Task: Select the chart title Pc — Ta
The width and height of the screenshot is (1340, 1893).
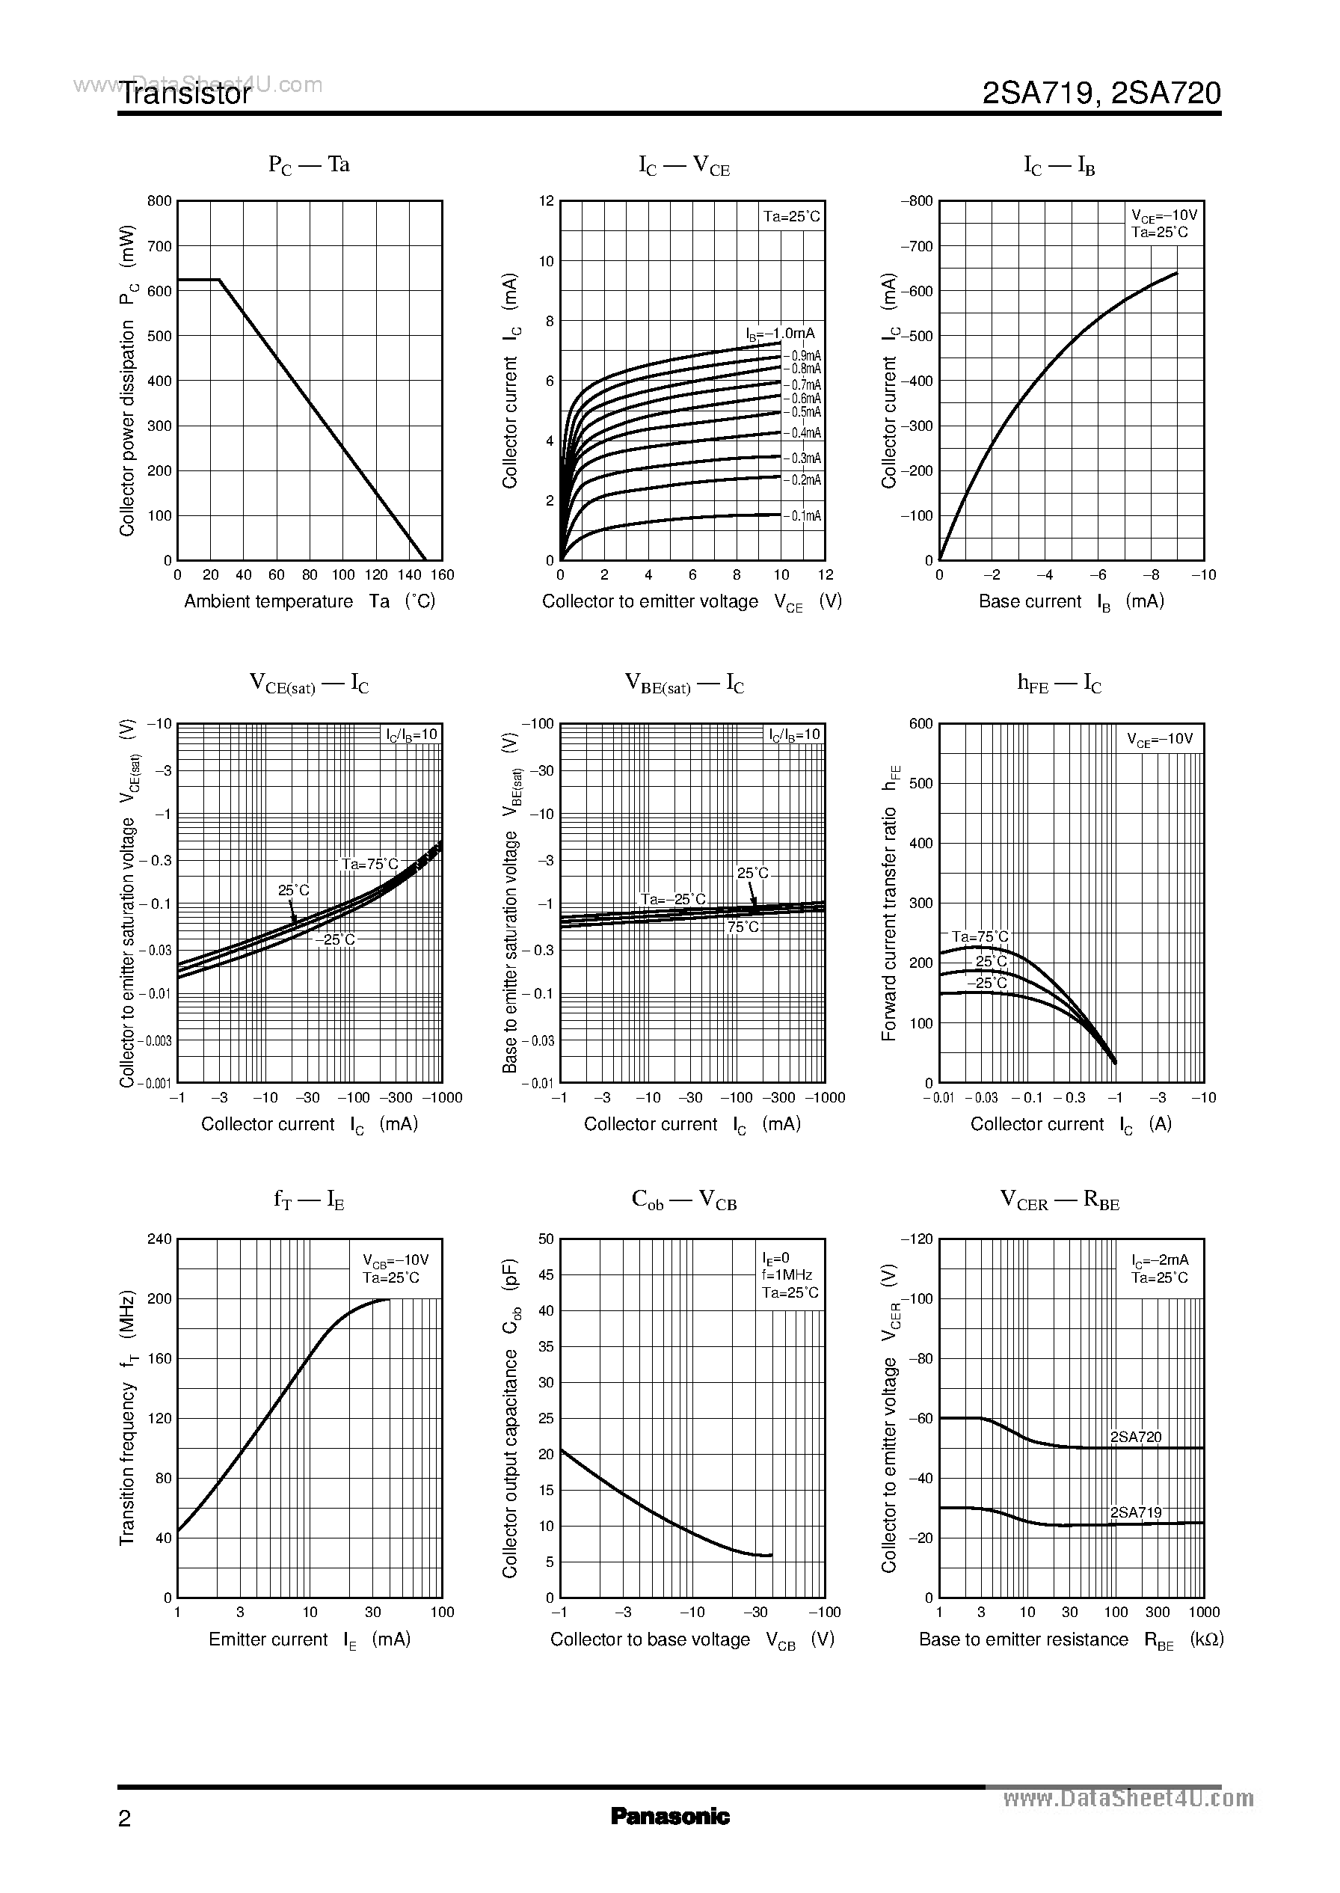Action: coord(310,165)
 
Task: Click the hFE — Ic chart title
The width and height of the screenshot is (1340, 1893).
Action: coord(1060,684)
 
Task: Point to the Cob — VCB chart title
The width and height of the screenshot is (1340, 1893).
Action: coord(684,1200)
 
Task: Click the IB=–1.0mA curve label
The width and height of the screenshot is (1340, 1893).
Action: coord(780,334)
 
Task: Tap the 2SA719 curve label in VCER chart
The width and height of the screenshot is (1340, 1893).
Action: coord(1136,1512)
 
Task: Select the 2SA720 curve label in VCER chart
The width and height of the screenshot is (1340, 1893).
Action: coord(1136,1437)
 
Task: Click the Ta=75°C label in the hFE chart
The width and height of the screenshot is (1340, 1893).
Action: coord(980,936)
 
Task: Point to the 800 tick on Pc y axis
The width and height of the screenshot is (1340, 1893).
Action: coord(159,200)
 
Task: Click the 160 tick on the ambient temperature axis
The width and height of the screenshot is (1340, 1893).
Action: coord(442,575)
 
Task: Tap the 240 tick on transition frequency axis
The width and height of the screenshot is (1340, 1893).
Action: coord(159,1239)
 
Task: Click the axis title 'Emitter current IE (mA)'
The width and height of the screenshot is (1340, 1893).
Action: coord(310,1639)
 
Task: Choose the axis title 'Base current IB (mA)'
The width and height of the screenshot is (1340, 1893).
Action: coord(1071,601)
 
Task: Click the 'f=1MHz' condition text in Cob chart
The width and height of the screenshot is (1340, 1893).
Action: coord(787,1275)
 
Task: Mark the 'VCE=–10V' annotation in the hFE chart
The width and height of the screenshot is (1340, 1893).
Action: coord(1160,740)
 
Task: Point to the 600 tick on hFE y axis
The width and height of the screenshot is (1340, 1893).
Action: coord(921,724)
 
